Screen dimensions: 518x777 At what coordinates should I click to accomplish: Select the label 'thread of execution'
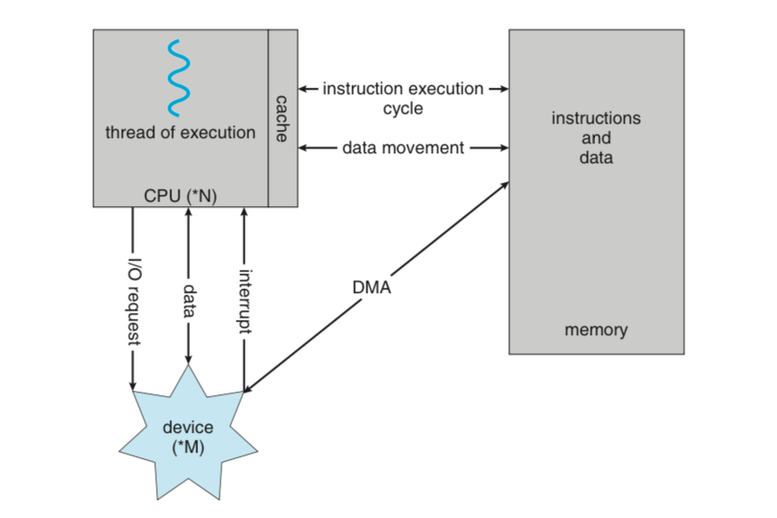180,133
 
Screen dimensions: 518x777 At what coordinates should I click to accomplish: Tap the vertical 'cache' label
281,118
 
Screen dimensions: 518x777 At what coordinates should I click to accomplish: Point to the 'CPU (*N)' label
180,195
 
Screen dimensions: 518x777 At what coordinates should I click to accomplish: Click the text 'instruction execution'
402,89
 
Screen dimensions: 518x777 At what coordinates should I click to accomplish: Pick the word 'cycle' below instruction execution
402,108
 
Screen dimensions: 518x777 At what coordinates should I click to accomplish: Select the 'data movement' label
403,147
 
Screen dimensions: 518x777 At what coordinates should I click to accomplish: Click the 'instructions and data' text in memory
596,137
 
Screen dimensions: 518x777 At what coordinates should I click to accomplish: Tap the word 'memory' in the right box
596,330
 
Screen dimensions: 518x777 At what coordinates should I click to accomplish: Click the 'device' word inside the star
188,427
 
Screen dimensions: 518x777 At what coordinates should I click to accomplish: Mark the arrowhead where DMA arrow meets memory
504,185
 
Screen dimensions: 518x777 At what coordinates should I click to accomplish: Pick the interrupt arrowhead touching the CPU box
244,212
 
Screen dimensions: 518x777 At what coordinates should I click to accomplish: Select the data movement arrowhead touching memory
504,147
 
